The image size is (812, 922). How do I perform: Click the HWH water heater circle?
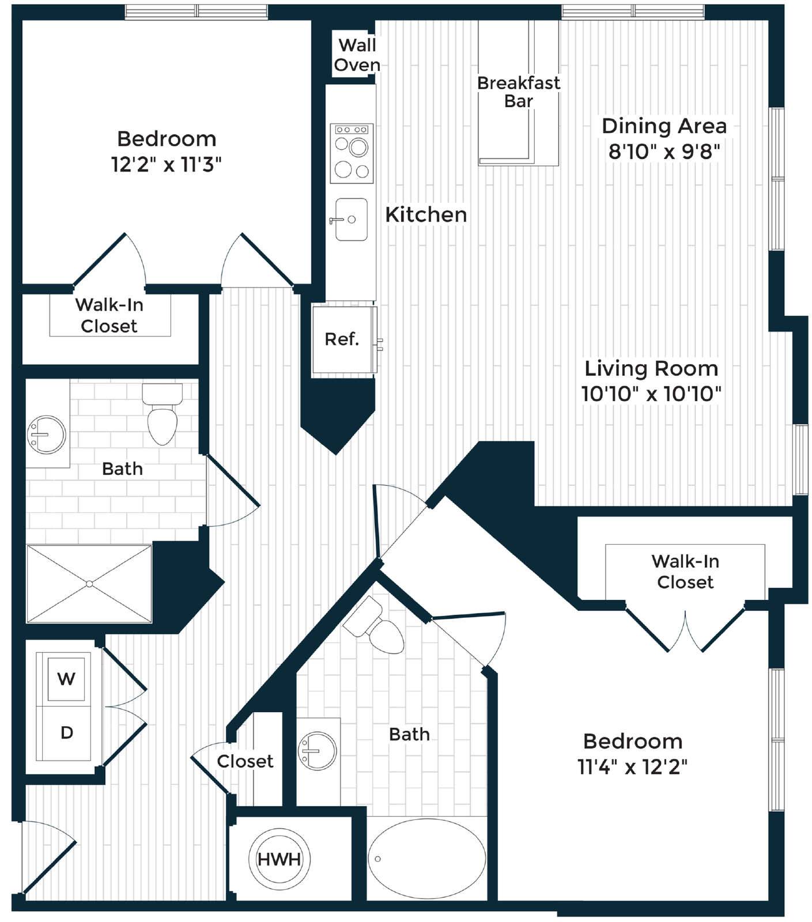279,859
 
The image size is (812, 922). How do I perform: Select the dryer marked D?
65,733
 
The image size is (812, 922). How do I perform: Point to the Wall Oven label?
357,55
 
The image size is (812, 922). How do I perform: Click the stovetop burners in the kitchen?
352,153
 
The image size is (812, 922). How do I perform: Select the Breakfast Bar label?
518,92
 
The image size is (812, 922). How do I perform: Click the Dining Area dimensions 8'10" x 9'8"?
664,152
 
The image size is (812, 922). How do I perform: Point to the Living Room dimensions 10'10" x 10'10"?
651,394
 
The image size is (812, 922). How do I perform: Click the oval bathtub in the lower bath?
426,859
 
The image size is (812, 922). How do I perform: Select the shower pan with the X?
89,584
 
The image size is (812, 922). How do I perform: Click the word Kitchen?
426,214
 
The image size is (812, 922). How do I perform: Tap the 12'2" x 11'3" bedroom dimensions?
167,165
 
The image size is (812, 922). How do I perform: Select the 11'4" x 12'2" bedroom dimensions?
633,767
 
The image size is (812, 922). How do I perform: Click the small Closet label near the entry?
245,761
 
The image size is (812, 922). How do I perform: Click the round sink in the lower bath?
318,751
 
